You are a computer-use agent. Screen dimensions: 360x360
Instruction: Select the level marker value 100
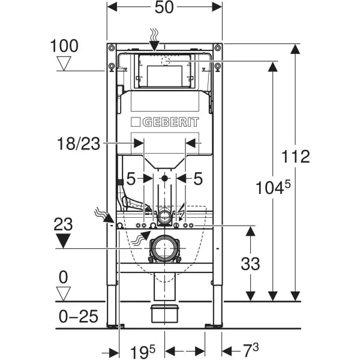(64, 46)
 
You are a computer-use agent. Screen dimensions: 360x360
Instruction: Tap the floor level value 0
(64, 277)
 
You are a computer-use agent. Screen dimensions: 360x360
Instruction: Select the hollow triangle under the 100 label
(64, 63)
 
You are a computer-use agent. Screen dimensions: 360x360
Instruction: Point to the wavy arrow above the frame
(155, 37)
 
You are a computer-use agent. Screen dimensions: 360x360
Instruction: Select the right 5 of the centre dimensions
(198, 178)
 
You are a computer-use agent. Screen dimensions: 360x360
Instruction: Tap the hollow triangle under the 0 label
(64, 293)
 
